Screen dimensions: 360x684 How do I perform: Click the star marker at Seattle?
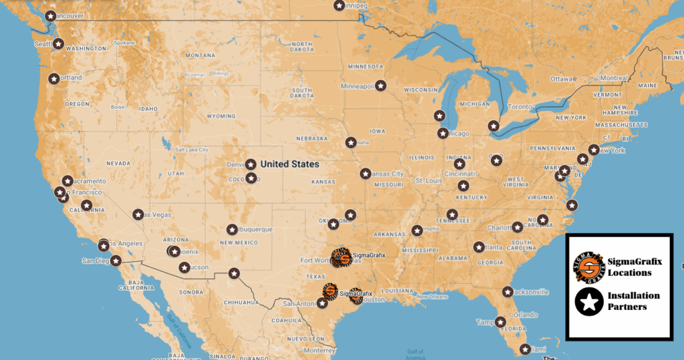coord(58,44)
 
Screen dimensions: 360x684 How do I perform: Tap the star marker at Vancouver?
coord(50,15)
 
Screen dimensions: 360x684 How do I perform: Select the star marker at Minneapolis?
coord(380,85)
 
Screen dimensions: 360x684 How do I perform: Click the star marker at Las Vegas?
coord(138,214)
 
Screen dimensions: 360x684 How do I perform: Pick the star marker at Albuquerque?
coord(232,229)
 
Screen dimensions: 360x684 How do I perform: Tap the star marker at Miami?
coord(526,349)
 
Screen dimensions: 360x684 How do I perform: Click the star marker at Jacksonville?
coord(508,292)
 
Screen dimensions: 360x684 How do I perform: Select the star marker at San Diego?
coord(116,260)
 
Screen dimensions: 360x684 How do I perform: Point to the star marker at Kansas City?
coord(365,174)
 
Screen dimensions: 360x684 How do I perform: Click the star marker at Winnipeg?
coord(339,5)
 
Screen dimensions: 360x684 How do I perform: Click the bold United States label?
coord(289,164)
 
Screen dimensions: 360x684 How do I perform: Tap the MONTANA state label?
coord(200,55)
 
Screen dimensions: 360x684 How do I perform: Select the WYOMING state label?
coord(220,116)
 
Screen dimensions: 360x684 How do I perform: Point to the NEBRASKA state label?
coord(312,138)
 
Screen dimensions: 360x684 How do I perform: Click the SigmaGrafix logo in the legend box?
coord(589,266)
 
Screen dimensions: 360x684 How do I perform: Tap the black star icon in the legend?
coord(589,302)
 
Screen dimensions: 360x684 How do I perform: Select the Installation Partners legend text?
coord(633,301)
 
